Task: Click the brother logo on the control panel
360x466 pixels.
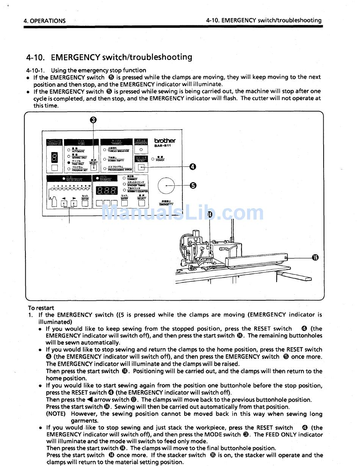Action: pos(165,140)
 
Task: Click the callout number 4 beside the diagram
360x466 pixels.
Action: pos(193,166)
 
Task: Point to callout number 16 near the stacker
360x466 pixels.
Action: pos(315,258)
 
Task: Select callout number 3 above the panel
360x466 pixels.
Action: pos(93,120)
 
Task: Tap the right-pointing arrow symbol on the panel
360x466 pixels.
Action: pos(74,198)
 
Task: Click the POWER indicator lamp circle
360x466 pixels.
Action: pos(153,159)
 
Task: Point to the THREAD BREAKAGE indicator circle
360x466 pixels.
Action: pos(105,150)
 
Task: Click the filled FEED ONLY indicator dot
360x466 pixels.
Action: pos(69,162)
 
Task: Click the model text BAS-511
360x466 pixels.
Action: pos(162,146)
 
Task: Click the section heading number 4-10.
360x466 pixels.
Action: pos(36,57)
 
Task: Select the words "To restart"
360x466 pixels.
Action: pos(41,308)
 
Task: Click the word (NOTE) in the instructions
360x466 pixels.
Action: pos(56,414)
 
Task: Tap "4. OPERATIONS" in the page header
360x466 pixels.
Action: pos(44,21)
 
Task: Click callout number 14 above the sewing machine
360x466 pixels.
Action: pos(210,215)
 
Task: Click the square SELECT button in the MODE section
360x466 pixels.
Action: pos(94,167)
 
